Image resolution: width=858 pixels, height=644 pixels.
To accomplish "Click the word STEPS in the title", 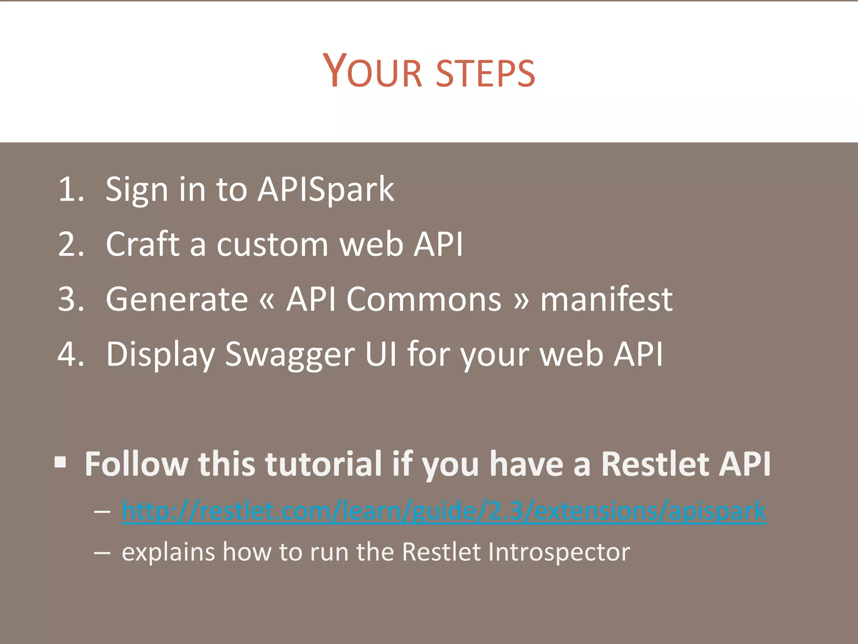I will (486, 74).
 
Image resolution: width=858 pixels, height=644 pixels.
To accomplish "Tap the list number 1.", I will (70, 190).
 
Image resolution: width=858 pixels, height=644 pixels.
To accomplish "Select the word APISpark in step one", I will (326, 190).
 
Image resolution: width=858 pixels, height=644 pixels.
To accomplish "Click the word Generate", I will (177, 299).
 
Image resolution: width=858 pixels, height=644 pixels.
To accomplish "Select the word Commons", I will (424, 299).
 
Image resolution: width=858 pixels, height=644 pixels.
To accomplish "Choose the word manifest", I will (606, 299).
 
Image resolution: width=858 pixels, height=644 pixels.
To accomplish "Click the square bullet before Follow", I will (61, 462).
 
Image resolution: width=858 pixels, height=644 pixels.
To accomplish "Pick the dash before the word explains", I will (102, 553).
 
